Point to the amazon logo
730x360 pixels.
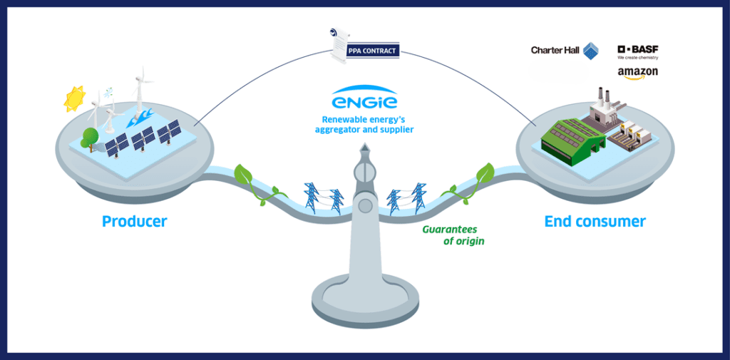tap(637, 73)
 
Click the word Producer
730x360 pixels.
tap(135, 222)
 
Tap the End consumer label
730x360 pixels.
tap(595, 222)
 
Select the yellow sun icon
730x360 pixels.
tap(75, 99)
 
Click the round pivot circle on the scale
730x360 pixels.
tap(365, 206)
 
